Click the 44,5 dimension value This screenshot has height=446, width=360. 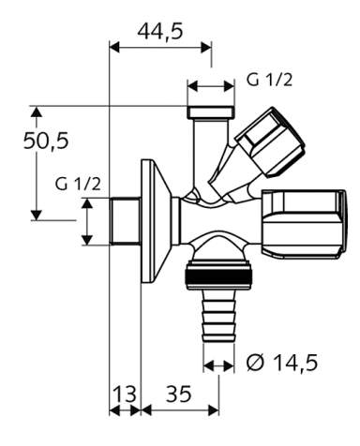160,31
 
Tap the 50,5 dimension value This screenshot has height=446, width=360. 46,141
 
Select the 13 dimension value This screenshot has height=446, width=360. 125,394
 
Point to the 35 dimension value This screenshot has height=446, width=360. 178,394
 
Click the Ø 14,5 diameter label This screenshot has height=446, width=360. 282,363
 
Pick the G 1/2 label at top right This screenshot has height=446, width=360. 269,80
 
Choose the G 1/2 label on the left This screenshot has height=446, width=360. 78,184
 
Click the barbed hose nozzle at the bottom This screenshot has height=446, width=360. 218,317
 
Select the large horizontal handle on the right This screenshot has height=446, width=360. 304,224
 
